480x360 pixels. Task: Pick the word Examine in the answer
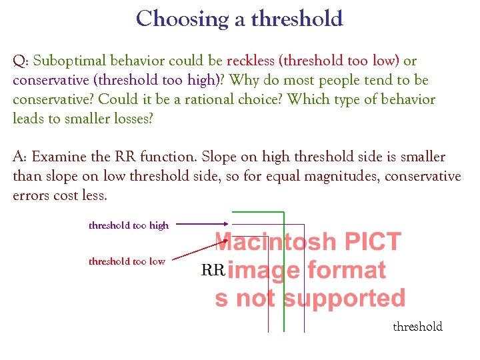tap(59, 157)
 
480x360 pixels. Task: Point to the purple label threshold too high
tap(129, 225)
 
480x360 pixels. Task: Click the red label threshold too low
tap(127, 261)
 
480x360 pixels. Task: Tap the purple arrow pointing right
tap(203, 225)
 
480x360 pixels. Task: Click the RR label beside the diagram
tap(213, 270)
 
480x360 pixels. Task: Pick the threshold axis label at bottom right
tap(417, 327)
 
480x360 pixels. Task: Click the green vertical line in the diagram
tap(285, 313)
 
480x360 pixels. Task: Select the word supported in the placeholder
tap(345, 298)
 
